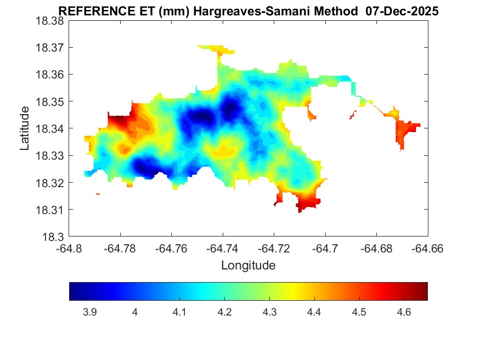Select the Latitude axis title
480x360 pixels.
coord(24,129)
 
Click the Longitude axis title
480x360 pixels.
coord(248,266)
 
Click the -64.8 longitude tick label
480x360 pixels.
coord(69,249)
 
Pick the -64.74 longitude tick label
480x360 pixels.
coord(223,249)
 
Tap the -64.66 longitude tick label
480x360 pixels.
coord(427,249)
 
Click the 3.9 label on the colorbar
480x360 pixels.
coord(90,312)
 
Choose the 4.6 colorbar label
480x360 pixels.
coord(404,312)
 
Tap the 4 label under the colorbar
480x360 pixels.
coord(135,312)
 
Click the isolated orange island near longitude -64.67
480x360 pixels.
coord(406,132)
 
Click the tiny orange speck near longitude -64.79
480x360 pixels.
coord(98,194)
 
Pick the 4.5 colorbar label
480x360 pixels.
coord(359,312)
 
